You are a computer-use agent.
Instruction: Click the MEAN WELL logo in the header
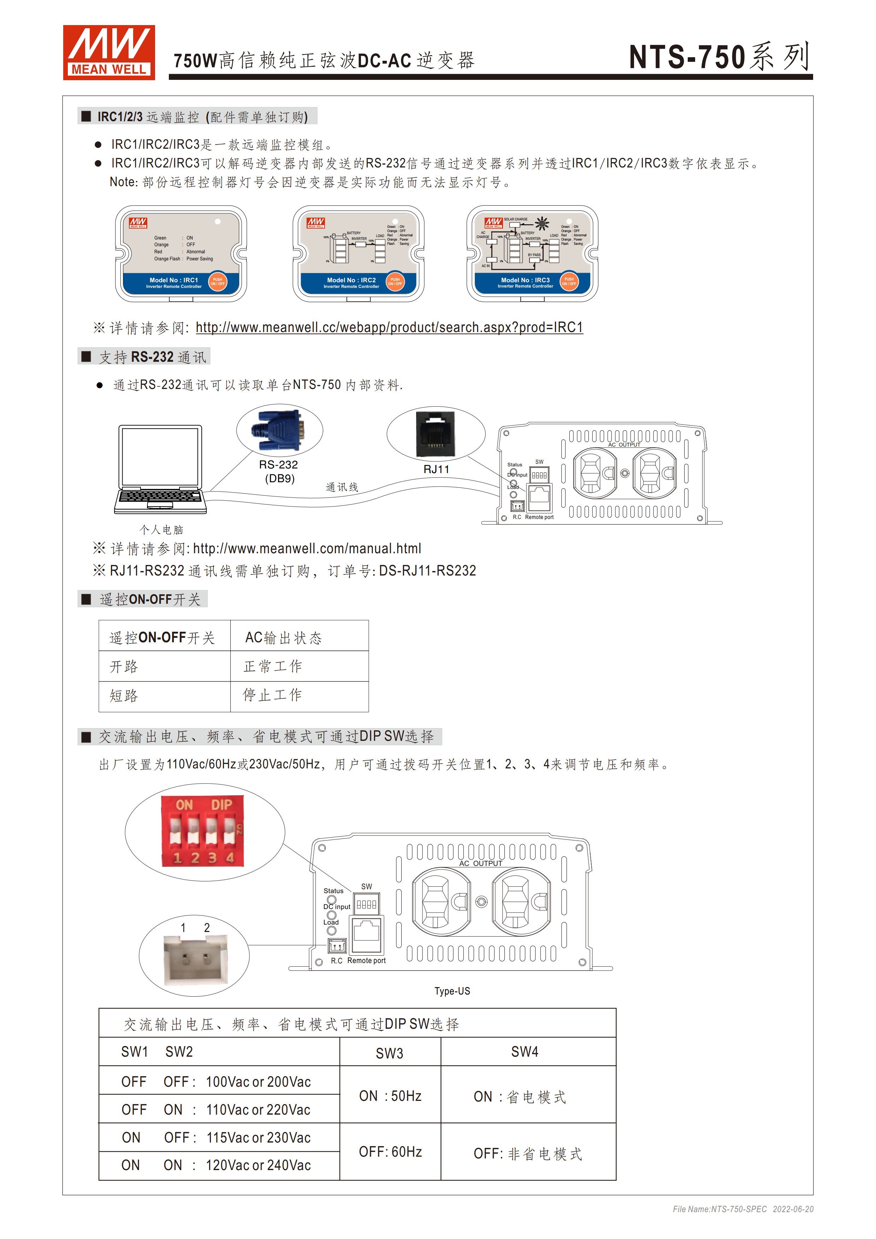click(x=109, y=52)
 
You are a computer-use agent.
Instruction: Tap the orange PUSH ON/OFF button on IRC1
click(x=217, y=282)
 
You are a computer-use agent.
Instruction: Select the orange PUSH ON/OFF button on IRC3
click(x=569, y=281)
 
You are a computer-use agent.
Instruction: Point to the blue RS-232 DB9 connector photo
click(x=279, y=430)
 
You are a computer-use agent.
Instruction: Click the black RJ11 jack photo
click(x=435, y=434)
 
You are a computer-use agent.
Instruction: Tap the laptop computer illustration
click(x=160, y=468)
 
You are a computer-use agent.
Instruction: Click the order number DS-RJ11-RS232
click(x=427, y=571)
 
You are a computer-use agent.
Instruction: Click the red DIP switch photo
click(x=203, y=832)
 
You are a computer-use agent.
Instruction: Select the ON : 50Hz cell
click(x=390, y=1096)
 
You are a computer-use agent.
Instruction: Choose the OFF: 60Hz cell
click(x=390, y=1152)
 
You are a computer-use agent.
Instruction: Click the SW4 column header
click(x=524, y=1052)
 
